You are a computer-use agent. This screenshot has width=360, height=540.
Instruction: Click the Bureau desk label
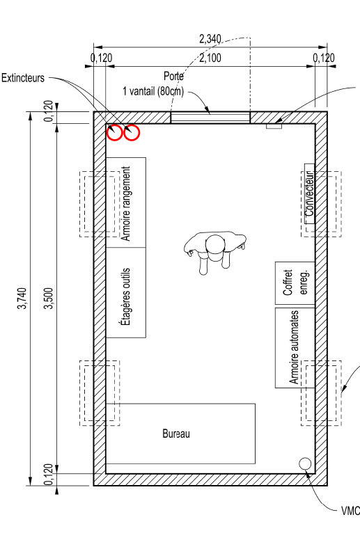pyautogui.click(x=176, y=434)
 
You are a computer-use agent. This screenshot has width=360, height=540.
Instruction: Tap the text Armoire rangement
pyautogui.click(x=127, y=204)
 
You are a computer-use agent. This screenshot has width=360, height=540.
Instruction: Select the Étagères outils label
pyautogui.click(x=127, y=297)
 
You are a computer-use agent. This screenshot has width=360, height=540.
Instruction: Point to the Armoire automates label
pyautogui.click(x=294, y=347)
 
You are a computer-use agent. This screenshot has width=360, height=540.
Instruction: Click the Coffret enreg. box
pyautogui.click(x=295, y=283)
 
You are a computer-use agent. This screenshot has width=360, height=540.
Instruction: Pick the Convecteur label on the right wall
pyautogui.click(x=310, y=194)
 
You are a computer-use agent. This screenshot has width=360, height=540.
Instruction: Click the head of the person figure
pyautogui.click(x=215, y=244)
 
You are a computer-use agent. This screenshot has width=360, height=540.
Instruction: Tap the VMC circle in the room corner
pyautogui.click(x=304, y=463)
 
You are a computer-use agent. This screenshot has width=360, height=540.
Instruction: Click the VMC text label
pyautogui.click(x=350, y=511)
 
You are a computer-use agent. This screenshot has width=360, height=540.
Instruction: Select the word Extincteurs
pyautogui.click(x=23, y=78)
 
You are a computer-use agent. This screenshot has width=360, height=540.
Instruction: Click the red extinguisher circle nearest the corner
pyautogui.click(x=114, y=133)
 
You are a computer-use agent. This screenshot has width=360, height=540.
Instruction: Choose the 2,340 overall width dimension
pyautogui.click(x=210, y=39)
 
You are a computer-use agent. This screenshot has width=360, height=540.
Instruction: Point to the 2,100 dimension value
pyautogui.click(x=210, y=58)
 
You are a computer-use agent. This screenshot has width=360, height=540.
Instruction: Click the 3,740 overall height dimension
pyautogui.click(x=22, y=299)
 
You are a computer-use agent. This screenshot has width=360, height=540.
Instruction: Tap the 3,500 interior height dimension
pyautogui.click(x=49, y=299)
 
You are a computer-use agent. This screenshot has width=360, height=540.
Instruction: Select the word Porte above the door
pyautogui.click(x=173, y=76)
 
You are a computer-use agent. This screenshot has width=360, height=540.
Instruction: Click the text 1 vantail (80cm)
pyautogui.click(x=153, y=91)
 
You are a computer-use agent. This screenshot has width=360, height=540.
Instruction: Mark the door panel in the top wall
pyautogui.click(x=210, y=117)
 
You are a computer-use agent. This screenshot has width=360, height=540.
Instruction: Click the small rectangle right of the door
pyautogui.click(x=274, y=127)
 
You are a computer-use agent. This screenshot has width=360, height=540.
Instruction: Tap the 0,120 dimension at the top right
pyautogui.click(x=324, y=58)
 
